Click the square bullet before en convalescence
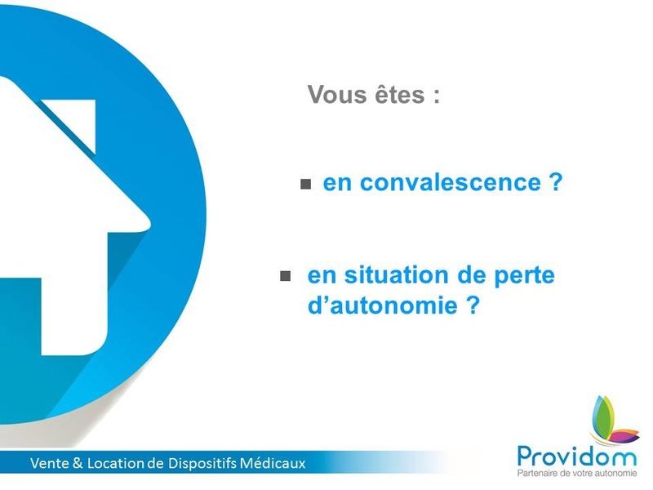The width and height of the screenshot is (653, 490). coord(306,185)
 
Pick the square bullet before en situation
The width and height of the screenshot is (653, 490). coord(285,277)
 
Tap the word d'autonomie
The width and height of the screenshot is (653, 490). coord(375,306)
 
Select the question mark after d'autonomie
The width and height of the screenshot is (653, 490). coord(470,306)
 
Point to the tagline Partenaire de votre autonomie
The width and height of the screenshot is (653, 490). coord(576,474)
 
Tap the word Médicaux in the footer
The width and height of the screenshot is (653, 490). coord(276,464)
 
